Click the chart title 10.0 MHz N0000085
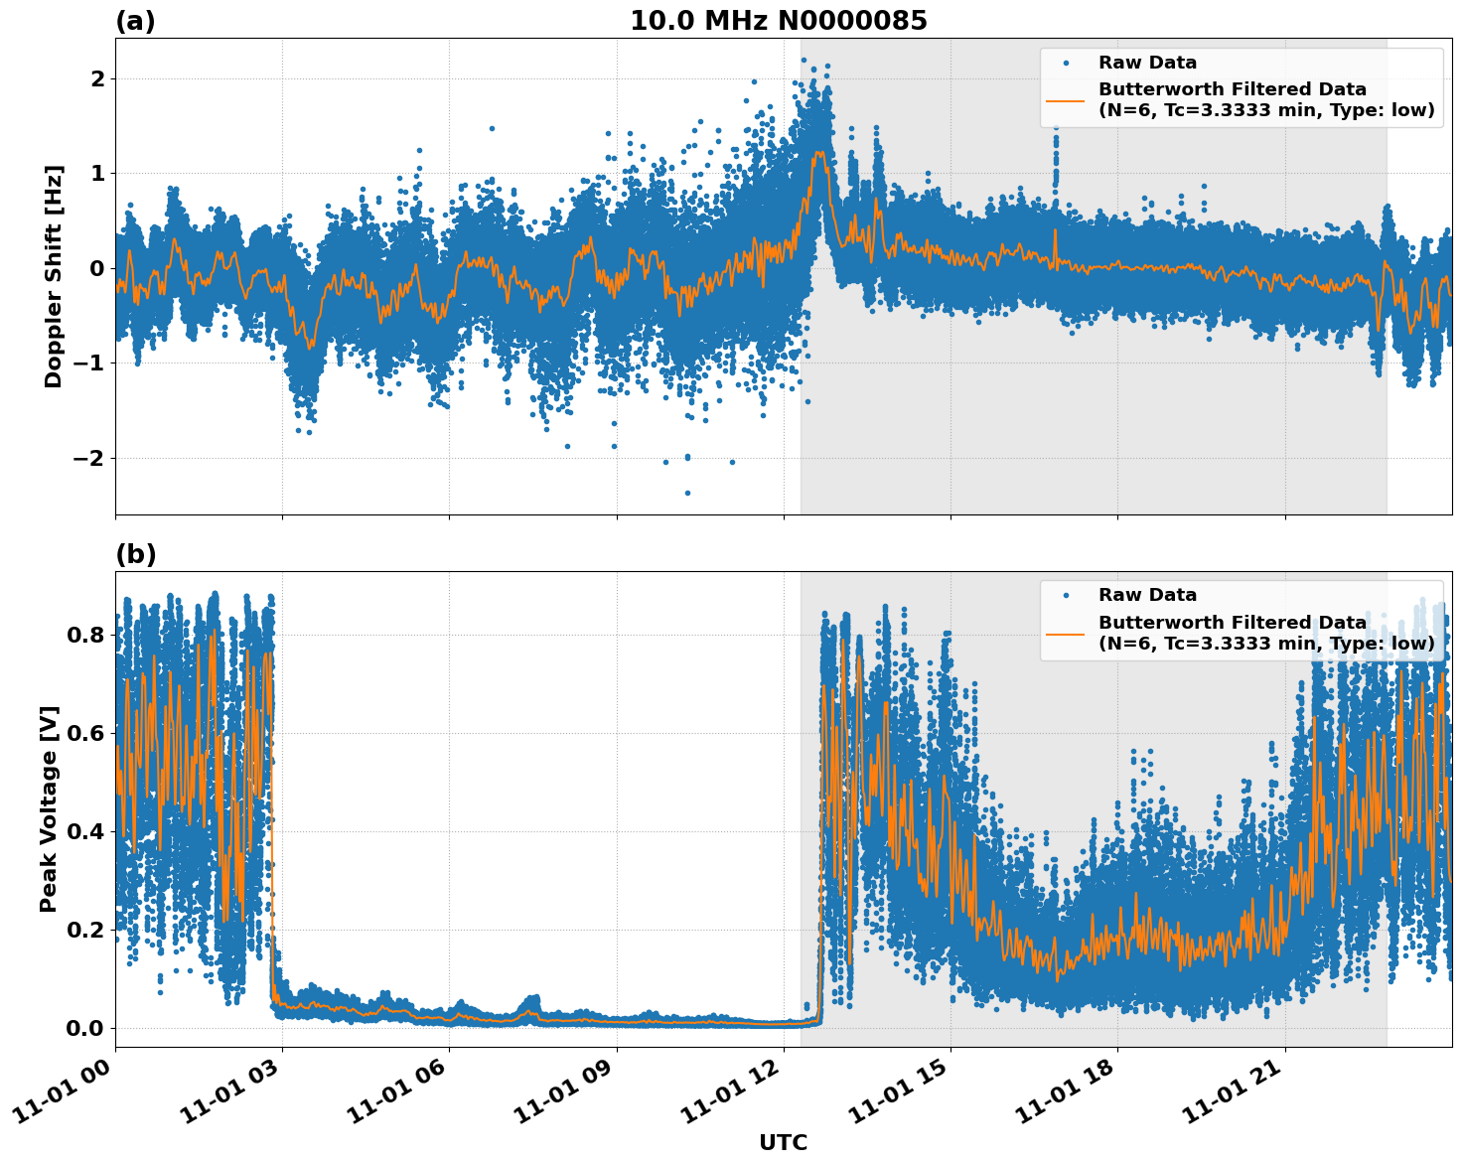pyautogui.click(x=778, y=21)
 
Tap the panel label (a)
pyautogui.click(x=135, y=21)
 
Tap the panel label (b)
pyautogui.click(x=135, y=554)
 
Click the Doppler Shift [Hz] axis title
pyautogui.click(x=54, y=276)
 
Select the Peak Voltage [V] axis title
pyautogui.click(x=49, y=808)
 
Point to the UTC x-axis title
pyautogui.click(x=783, y=1142)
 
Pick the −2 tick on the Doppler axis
pyautogui.click(x=87, y=458)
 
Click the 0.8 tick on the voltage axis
pyautogui.click(x=85, y=635)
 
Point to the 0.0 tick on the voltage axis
pyautogui.click(x=85, y=1028)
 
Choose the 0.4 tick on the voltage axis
pyautogui.click(x=85, y=831)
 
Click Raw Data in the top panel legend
pyautogui.click(x=1147, y=63)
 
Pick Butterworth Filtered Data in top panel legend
pyautogui.click(x=1232, y=89)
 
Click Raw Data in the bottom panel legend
pyautogui.click(x=1147, y=595)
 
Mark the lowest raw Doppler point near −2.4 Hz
pyautogui.click(x=687, y=493)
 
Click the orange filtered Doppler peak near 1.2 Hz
pyautogui.click(x=818, y=153)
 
